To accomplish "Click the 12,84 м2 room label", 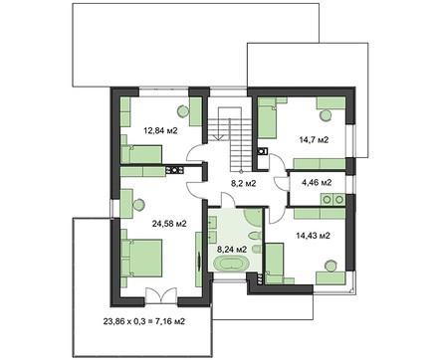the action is click(160, 130).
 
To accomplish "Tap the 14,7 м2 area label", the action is click(314, 140).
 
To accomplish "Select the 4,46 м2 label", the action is click(317, 182).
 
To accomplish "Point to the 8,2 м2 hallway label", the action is click(243, 183).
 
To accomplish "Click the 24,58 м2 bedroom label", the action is click(169, 224).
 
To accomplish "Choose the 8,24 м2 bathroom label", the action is click(232, 250).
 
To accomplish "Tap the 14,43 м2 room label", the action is click(313, 236).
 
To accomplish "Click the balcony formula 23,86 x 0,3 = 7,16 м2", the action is click(144, 321).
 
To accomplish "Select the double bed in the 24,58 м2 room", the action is click(141, 258).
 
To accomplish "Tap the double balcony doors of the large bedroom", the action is click(161, 295).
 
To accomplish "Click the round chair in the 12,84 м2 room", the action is click(182, 110).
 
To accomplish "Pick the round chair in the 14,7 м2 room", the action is click(325, 114).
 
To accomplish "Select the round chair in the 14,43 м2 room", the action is click(329, 266).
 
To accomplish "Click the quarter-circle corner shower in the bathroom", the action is click(254, 217).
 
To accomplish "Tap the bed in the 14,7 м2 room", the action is click(268, 117).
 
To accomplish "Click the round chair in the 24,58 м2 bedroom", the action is click(138, 205).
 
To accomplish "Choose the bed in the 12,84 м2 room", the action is click(141, 154).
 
